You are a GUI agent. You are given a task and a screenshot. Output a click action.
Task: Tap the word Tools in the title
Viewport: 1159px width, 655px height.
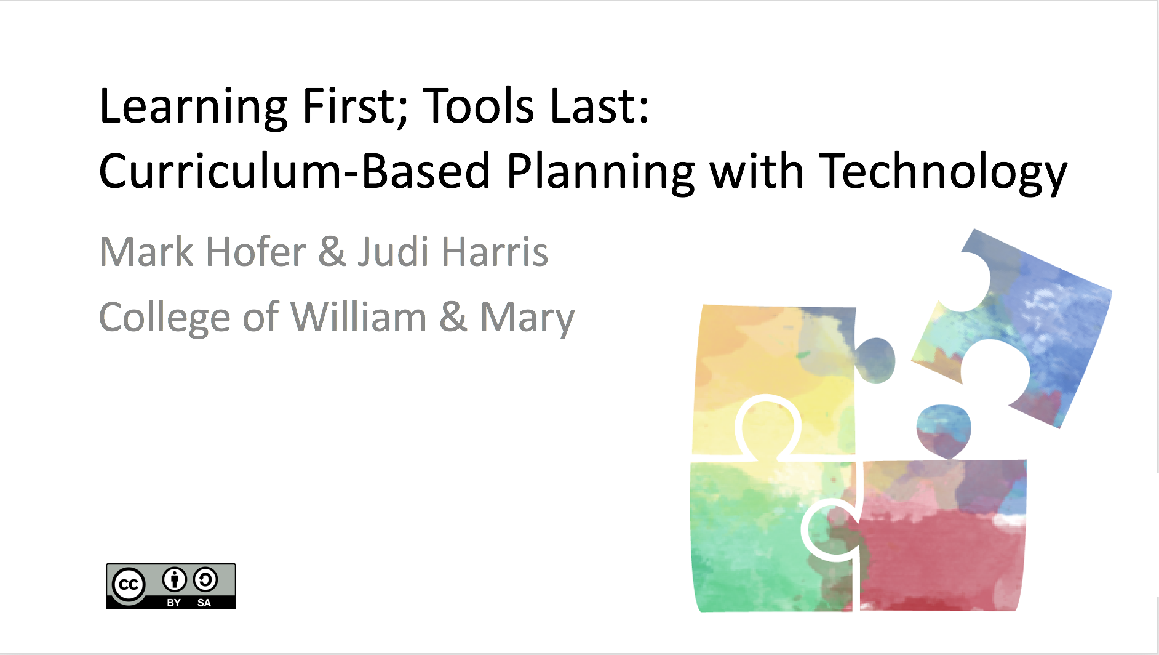(479, 106)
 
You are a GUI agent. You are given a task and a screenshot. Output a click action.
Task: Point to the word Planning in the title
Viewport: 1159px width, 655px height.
(600, 174)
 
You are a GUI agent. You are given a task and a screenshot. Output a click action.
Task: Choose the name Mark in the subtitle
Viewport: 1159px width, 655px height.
(146, 252)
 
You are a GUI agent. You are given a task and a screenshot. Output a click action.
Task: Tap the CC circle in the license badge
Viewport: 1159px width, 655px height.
(129, 585)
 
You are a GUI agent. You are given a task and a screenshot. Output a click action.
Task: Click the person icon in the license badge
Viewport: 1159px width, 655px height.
(174, 580)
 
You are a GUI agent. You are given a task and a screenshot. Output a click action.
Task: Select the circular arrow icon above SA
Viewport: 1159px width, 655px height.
(205, 580)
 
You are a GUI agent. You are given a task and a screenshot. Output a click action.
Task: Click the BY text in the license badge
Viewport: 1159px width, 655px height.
(174, 603)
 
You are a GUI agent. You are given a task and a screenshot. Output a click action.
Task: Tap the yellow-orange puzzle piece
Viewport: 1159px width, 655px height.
(775, 363)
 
